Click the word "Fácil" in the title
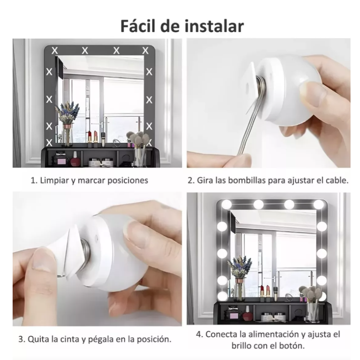click(x=138, y=26)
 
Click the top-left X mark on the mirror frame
click(x=54, y=50)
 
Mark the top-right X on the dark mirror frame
click(x=145, y=50)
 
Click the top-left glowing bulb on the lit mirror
click(x=227, y=204)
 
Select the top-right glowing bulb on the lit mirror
click(x=319, y=204)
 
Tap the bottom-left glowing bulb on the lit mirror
click(x=222, y=296)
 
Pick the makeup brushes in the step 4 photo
click(x=311, y=303)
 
